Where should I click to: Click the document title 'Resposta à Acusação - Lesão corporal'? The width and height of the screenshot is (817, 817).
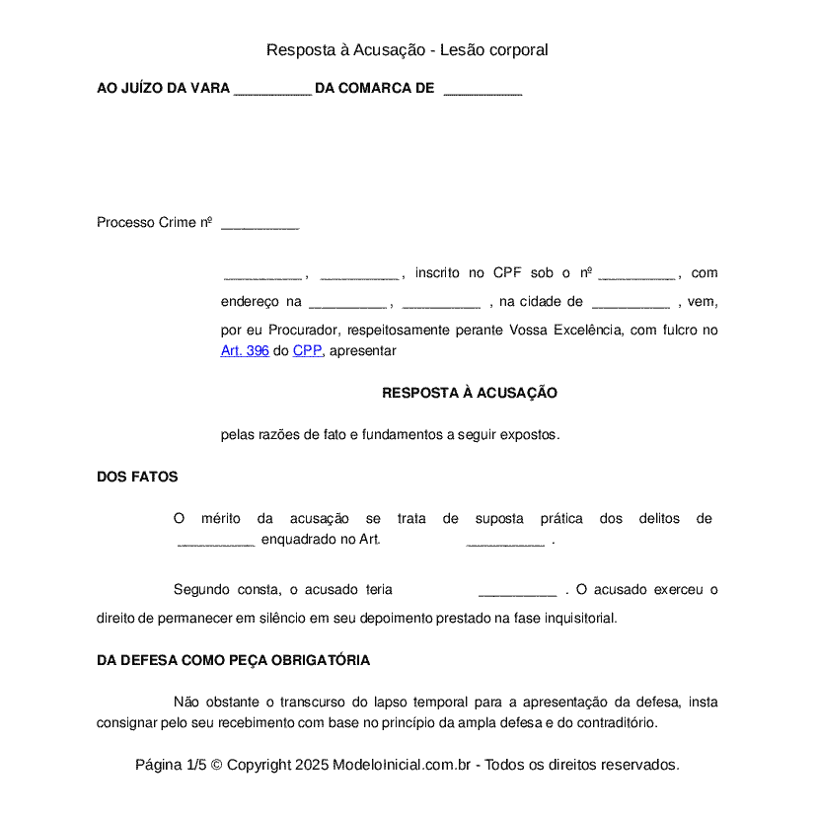pos(407,49)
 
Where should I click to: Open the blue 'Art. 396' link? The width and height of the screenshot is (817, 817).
pos(245,350)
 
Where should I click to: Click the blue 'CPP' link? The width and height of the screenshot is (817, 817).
pos(307,350)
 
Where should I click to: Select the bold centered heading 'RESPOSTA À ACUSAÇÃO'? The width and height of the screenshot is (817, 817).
pos(470,393)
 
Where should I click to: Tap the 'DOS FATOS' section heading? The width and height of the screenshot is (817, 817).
pos(137,477)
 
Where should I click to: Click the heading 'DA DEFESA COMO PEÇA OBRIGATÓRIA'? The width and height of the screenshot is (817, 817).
pos(233,660)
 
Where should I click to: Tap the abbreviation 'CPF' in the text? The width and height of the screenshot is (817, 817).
pos(507,273)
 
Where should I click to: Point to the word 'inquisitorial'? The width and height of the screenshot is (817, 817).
pos(580,619)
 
